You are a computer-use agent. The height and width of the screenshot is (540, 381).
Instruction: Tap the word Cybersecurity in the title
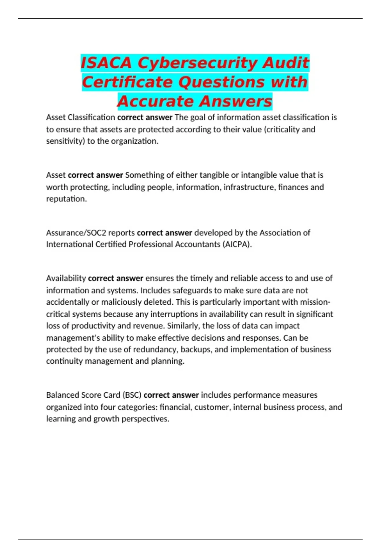click(197, 63)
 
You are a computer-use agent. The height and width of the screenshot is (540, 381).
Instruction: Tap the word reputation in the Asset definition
click(66, 199)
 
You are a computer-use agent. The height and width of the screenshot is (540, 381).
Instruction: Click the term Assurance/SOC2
click(76, 233)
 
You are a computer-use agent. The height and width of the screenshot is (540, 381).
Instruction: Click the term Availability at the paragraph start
click(66, 278)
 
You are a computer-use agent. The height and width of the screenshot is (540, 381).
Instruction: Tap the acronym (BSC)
click(132, 395)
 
